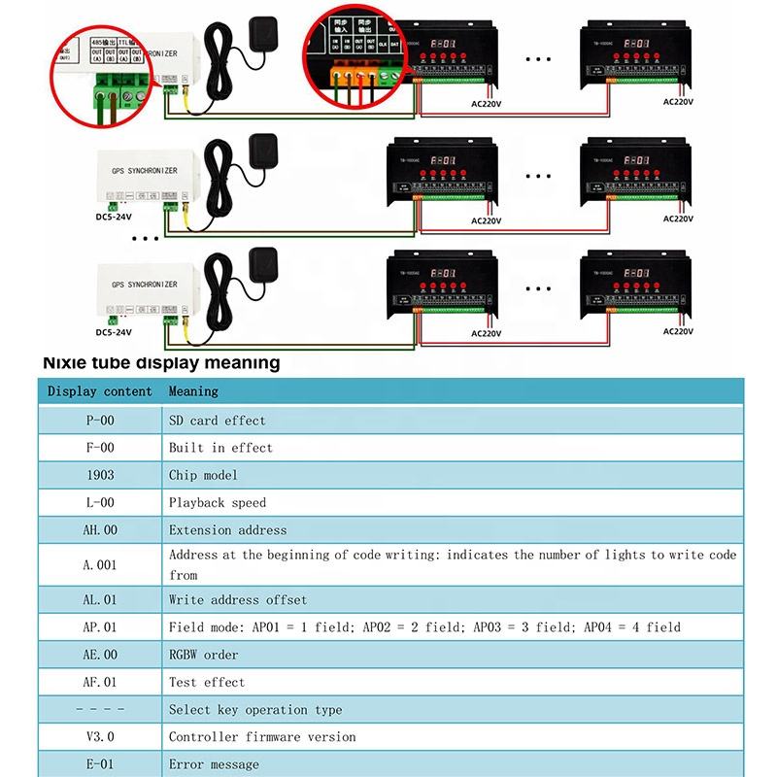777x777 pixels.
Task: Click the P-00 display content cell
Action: pyautogui.click(x=100, y=421)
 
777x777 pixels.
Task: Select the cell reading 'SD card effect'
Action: pyautogui.click(x=217, y=421)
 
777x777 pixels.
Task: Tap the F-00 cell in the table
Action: pyautogui.click(x=100, y=448)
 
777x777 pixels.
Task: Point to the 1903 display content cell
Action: pyautogui.click(x=100, y=475)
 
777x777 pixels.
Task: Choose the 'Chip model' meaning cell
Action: pyautogui.click(x=203, y=475)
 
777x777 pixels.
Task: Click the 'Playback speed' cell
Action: pyautogui.click(x=217, y=502)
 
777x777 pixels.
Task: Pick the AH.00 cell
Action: pyautogui.click(x=100, y=530)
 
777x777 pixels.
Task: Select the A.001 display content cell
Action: pyautogui.click(x=100, y=564)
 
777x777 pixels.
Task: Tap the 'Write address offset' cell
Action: pyautogui.click(x=237, y=599)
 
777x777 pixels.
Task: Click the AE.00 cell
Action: pyautogui.click(x=100, y=655)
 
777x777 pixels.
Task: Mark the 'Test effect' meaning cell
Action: pyautogui.click(x=207, y=682)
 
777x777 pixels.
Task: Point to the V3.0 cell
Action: pyautogui.click(x=100, y=737)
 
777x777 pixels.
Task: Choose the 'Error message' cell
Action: pyautogui.click(x=214, y=764)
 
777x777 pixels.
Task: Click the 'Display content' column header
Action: pyautogui.click(x=100, y=391)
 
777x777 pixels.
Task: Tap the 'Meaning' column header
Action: pyautogui.click(x=193, y=391)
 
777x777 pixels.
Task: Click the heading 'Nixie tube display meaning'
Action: pyautogui.click(x=161, y=363)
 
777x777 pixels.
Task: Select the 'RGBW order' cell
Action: pyautogui.click(x=203, y=655)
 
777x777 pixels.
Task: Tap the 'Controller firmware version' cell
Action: pyautogui.click(x=262, y=737)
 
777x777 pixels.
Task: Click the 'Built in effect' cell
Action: pyautogui.click(x=220, y=448)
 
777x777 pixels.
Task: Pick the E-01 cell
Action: pyautogui.click(x=100, y=764)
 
